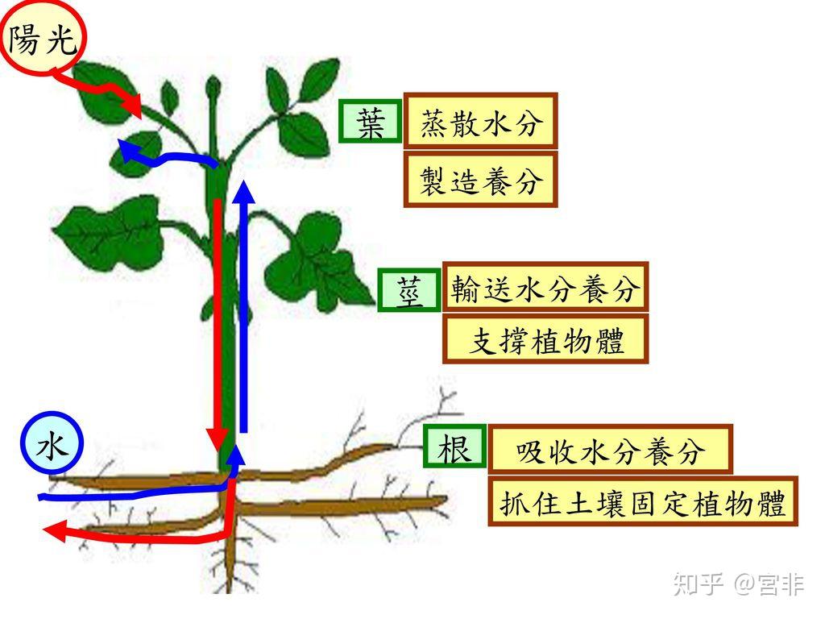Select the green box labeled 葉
[x=370, y=123]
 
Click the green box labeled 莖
[x=409, y=290]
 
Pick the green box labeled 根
[x=454, y=447]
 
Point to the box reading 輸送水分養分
[x=545, y=287]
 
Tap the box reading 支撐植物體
[x=545, y=340]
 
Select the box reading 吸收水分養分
[x=610, y=450]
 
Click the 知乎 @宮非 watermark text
[x=738, y=583]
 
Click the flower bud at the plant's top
[x=213, y=87]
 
